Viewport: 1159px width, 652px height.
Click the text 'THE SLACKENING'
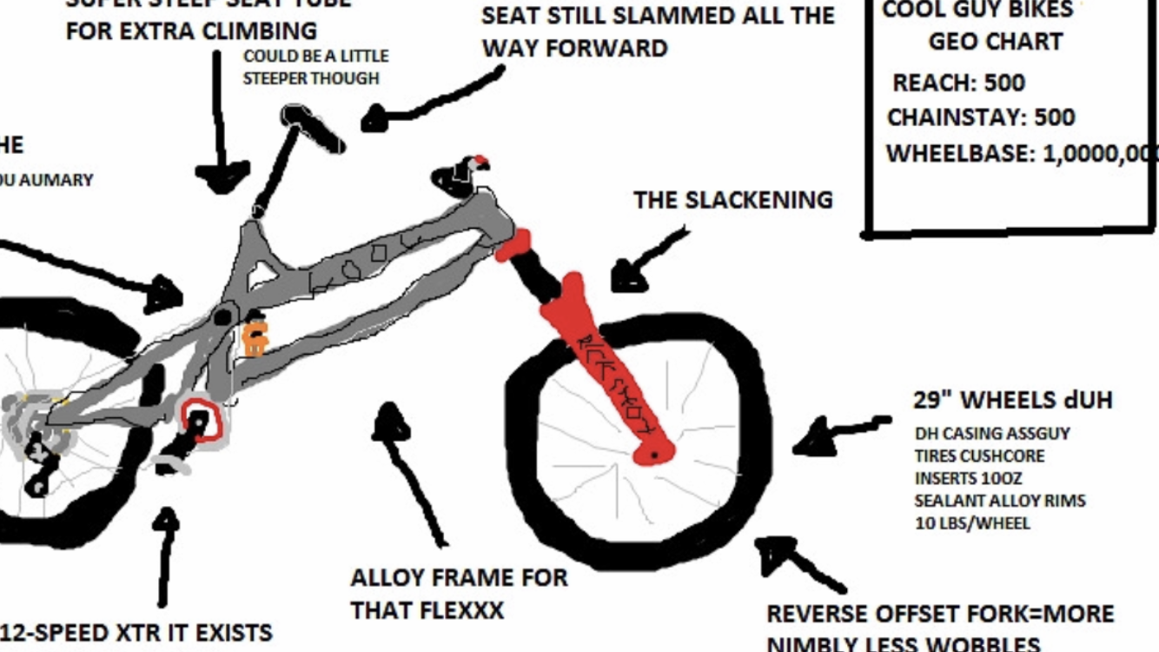(x=732, y=200)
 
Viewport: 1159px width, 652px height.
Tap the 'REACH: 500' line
(x=958, y=83)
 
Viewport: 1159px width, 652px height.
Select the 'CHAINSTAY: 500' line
(x=980, y=117)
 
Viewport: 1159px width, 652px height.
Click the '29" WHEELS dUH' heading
(x=1012, y=401)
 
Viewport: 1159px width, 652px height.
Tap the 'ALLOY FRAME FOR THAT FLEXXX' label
(x=458, y=593)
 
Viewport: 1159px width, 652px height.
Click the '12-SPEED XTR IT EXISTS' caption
(x=137, y=632)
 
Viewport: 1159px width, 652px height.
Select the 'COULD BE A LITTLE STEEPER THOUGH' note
(x=315, y=67)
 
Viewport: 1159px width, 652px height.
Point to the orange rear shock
(x=254, y=337)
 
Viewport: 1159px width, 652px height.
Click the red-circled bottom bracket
(x=201, y=422)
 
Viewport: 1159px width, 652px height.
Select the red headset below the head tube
(x=513, y=244)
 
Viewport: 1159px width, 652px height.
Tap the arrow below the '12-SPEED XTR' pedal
(x=164, y=556)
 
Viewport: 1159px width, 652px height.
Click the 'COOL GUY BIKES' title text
(x=977, y=10)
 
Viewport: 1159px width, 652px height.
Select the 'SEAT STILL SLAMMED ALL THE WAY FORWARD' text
(x=658, y=31)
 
